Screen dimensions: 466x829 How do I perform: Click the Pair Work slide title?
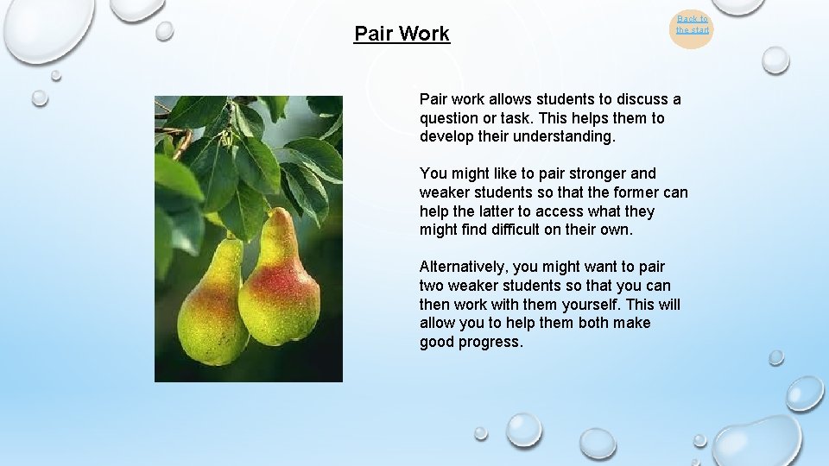[x=402, y=34]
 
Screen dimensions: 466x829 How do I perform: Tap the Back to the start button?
[x=692, y=25]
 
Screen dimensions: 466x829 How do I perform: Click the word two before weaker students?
[x=433, y=286]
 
